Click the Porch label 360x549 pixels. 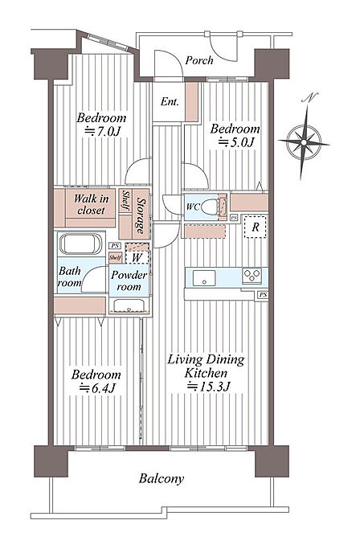[x=199, y=60]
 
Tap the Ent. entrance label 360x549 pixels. [x=170, y=102]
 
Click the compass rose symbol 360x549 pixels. [x=304, y=142]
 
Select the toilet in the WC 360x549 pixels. [x=210, y=207]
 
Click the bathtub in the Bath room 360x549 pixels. [x=80, y=244]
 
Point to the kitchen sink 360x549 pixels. [x=204, y=277]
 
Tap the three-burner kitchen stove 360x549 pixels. [x=252, y=276]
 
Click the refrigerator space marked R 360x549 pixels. [x=256, y=227]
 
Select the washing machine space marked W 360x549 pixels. [x=137, y=258]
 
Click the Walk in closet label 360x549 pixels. [x=91, y=204]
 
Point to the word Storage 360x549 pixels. [x=141, y=216]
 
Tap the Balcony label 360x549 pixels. [x=161, y=478]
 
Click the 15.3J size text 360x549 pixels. [x=209, y=387]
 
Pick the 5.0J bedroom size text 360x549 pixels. [x=236, y=142]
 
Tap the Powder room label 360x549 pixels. [x=129, y=281]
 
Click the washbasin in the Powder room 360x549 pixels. [x=129, y=305]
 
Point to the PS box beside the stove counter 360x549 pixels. [x=263, y=295]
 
